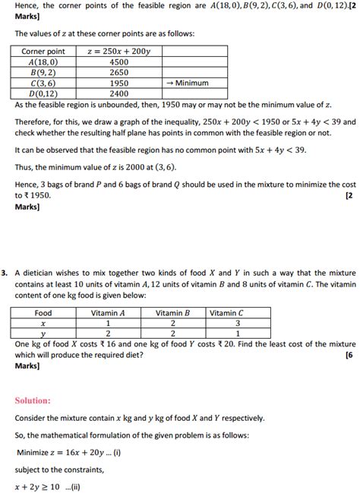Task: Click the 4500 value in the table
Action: tap(118, 62)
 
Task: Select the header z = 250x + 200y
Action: tap(118, 51)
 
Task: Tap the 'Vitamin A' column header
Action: tap(108, 312)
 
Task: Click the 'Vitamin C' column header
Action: tap(226, 312)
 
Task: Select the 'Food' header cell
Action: tap(43, 312)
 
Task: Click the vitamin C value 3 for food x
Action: tap(226, 322)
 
